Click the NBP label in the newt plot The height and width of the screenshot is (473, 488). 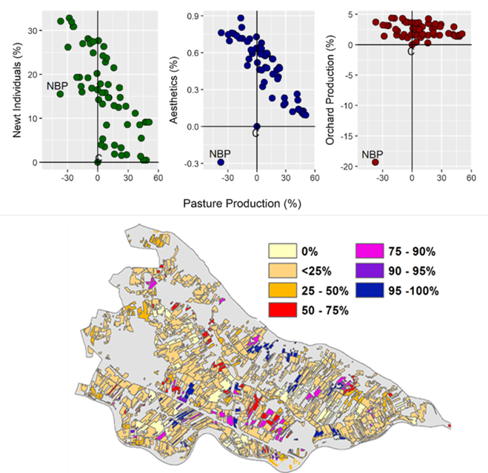(57, 86)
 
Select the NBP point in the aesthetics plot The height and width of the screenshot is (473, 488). (221, 161)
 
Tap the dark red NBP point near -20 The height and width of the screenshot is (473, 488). (375, 162)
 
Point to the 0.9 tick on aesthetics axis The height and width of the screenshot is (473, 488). (194, 16)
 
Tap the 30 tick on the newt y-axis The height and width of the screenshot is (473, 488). (31, 30)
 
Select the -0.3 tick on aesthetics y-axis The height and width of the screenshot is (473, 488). (193, 163)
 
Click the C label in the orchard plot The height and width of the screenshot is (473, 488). (411, 51)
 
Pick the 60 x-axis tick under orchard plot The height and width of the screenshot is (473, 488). (471, 178)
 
